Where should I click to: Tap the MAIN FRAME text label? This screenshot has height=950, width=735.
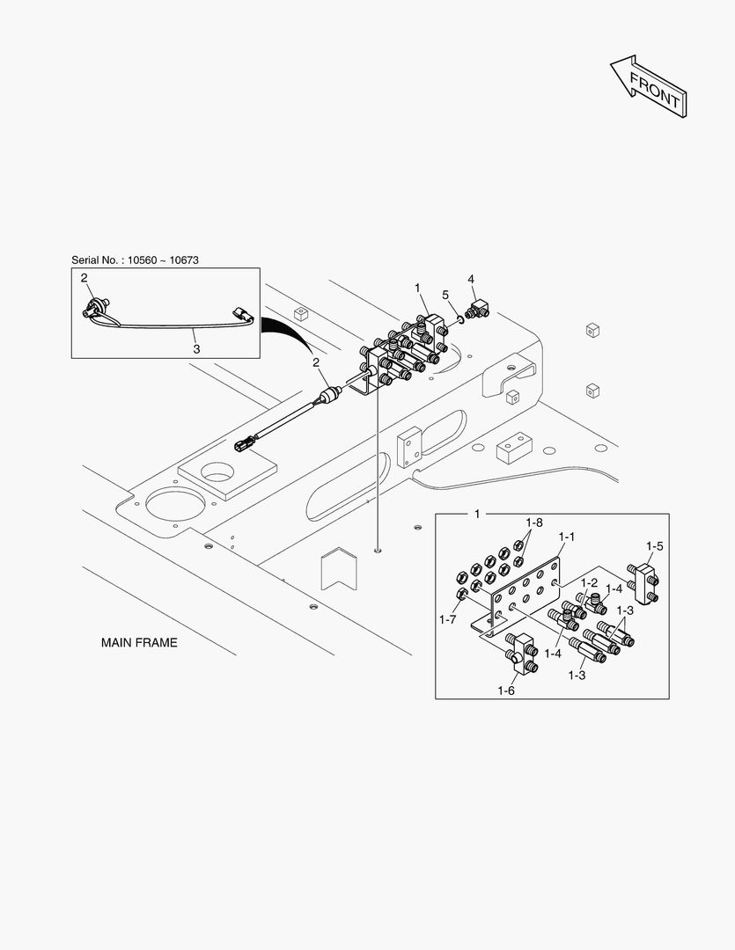[x=139, y=643]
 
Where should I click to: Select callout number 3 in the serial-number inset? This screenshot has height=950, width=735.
[x=196, y=348]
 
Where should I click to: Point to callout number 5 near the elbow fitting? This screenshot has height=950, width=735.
[x=445, y=294]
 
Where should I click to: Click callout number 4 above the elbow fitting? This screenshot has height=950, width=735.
[x=471, y=279]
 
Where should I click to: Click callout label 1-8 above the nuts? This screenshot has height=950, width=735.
[x=534, y=522]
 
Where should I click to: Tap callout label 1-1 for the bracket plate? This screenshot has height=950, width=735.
[x=566, y=536]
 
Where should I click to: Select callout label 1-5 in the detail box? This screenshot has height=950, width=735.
[x=654, y=546]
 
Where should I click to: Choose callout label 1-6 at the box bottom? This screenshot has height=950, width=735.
[x=505, y=691]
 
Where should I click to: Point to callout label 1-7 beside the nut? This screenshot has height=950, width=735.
[x=447, y=620]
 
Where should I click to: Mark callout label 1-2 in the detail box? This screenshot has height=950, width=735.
[x=588, y=582]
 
